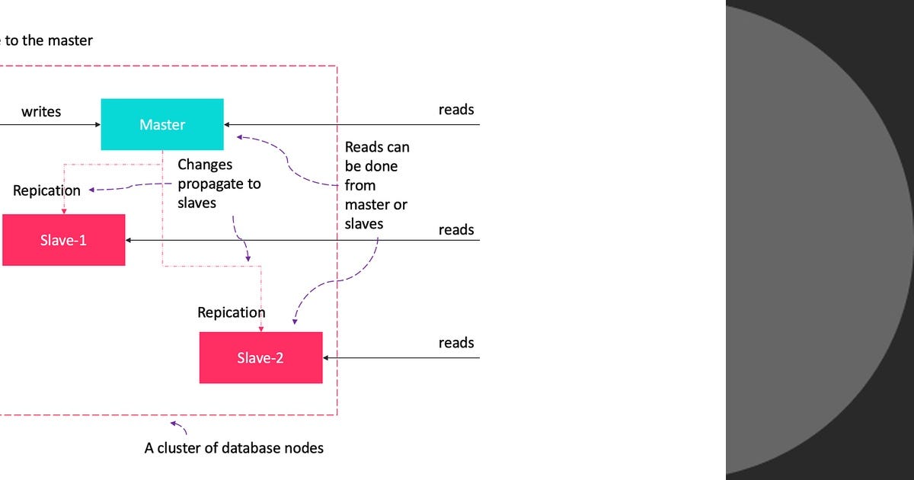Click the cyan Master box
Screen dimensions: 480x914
(x=162, y=124)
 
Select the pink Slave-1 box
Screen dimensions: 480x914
(x=63, y=240)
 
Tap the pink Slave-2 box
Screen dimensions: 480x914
(x=260, y=357)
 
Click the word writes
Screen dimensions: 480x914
(x=41, y=111)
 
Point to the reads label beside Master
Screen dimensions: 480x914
(x=456, y=110)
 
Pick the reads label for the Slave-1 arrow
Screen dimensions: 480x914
(x=456, y=229)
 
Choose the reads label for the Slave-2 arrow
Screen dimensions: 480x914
(x=456, y=343)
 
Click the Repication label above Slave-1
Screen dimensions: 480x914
(x=46, y=190)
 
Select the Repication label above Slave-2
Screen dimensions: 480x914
(x=232, y=312)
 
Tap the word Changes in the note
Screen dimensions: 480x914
(x=205, y=165)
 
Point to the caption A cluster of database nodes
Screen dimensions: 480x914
(x=234, y=448)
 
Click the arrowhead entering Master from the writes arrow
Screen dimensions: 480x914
(x=97, y=124)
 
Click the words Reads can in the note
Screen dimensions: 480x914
(x=377, y=146)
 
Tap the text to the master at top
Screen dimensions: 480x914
(x=49, y=40)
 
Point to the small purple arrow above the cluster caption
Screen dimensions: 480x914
(x=177, y=425)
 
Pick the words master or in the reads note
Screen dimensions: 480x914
(x=376, y=204)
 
